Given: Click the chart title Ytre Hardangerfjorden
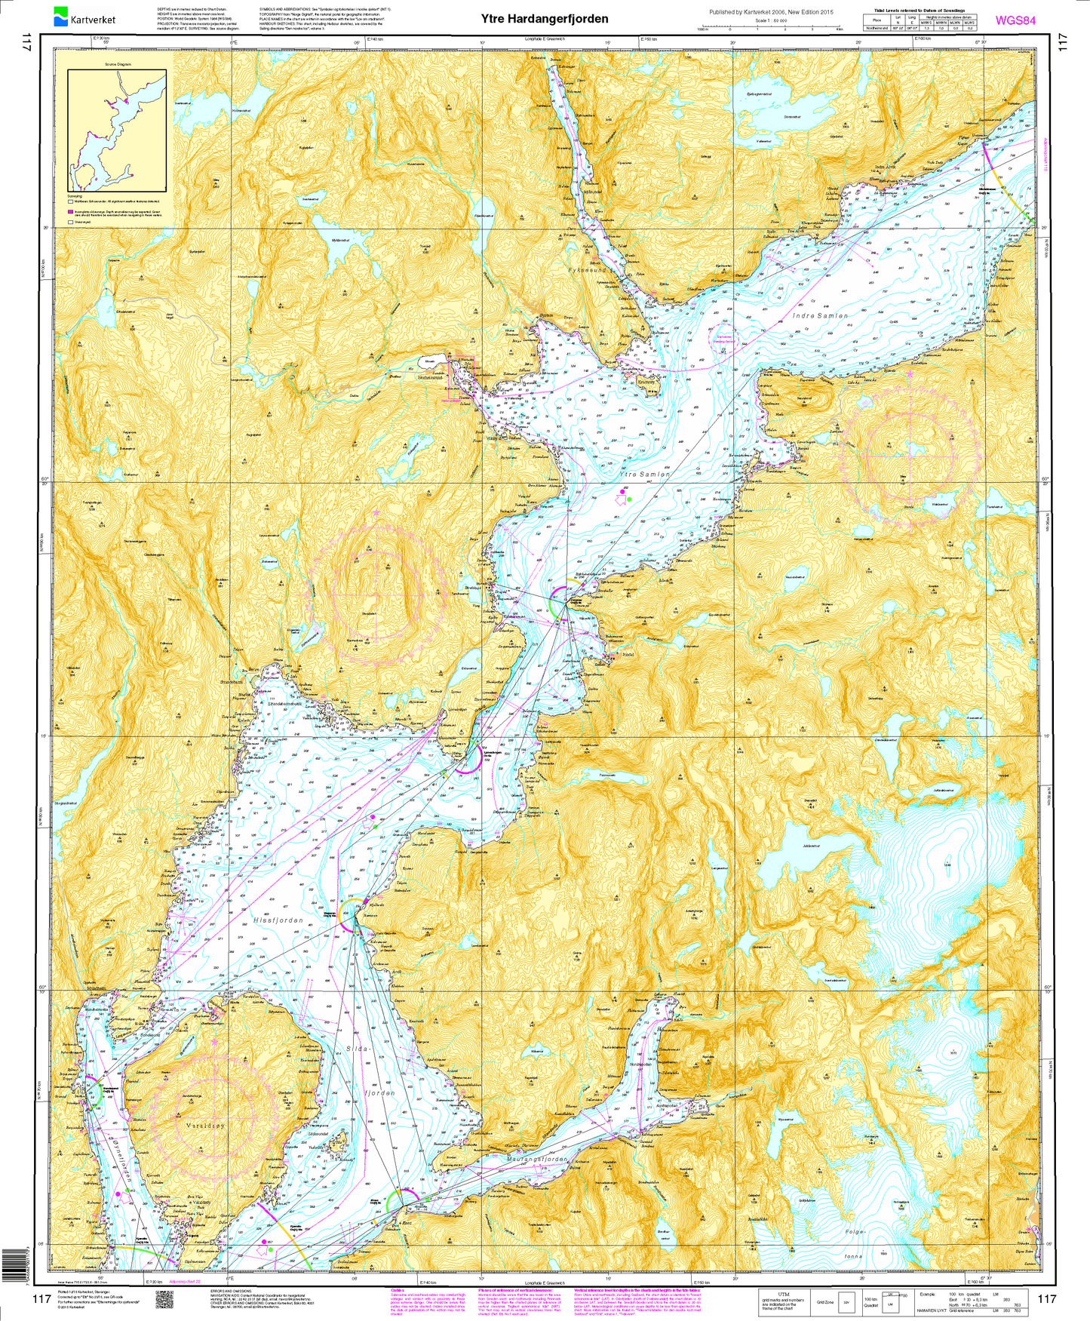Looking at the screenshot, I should (545, 19).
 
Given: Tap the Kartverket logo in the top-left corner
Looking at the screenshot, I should (84, 17).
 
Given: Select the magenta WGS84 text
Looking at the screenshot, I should (1015, 20).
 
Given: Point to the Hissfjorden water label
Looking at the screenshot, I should (278, 920).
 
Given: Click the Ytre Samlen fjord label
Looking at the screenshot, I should (643, 475).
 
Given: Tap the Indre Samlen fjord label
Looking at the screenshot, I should (820, 315).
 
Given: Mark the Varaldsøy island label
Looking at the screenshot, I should (204, 1126).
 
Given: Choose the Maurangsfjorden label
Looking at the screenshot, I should (536, 1160).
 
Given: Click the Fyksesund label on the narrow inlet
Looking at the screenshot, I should (587, 269).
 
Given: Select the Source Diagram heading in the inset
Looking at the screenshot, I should (118, 64).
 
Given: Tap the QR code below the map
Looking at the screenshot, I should (164, 1298).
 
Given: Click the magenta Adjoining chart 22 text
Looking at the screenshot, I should (188, 1282).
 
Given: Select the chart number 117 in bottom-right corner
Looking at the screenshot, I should (1047, 1298).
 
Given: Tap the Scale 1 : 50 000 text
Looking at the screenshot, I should (772, 20).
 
